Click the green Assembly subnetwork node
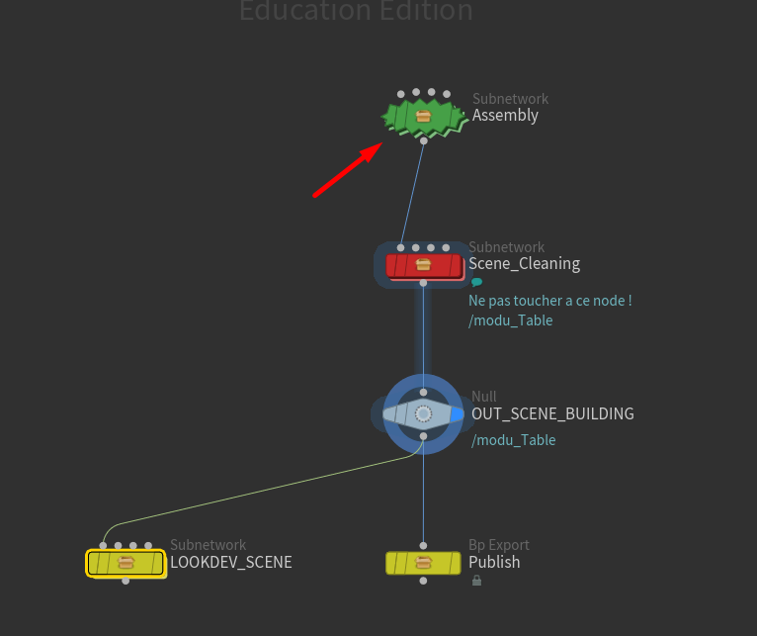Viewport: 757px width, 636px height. pyautogui.click(x=423, y=117)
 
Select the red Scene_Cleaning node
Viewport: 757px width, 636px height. pyautogui.click(x=423, y=265)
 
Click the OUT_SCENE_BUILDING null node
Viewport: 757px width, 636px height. pyautogui.click(x=423, y=413)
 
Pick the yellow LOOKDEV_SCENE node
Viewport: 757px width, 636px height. pyautogui.click(x=126, y=563)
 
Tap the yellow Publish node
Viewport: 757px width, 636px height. pyautogui.click(x=423, y=563)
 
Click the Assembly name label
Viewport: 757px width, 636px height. pyautogui.click(x=505, y=116)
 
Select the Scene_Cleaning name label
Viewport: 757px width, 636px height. pyautogui.click(x=524, y=264)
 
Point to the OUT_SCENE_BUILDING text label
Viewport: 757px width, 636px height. pyautogui.click(x=552, y=413)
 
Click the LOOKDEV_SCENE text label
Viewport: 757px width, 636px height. pyautogui.click(x=230, y=563)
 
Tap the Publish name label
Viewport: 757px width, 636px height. pyautogui.click(x=494, y=563)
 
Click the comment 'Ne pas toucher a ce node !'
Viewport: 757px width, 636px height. pyautogui.click(x=549, y=301)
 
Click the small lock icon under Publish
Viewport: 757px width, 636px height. pyautogui.click(x=476, y=581)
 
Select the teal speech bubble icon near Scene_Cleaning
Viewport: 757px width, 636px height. pyautogui.click(x=476, y=282)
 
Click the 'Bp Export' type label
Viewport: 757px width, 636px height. pyautogui.click(x=498, y=545)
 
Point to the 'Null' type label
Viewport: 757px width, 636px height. pyautogui.click(x=484, y=397)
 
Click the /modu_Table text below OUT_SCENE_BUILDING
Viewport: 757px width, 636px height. pyautogui.click(x=513, y=440)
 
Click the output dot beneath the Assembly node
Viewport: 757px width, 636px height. pyautogui.click(x=423, y=141)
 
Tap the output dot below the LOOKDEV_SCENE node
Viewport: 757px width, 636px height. pyautogui.click(x=126, y=581)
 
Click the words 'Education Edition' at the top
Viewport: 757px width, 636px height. pyautogui.click(x=356, y=12)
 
